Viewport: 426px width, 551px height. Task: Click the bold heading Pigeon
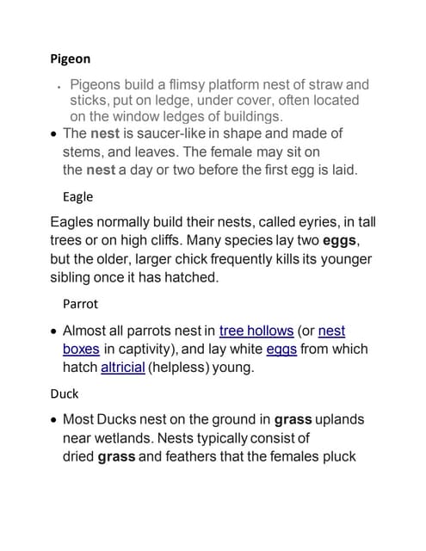coord(70,59)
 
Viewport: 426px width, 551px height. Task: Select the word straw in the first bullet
coord(324,84)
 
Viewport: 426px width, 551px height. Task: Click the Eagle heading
coord(77,196)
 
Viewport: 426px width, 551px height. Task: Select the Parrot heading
coord(80,304)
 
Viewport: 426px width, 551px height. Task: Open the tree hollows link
coord(255,331)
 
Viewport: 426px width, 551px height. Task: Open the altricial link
coord(122,367)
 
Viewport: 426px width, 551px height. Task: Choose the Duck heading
coord(65,393)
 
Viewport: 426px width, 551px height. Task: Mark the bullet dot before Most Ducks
coord(54,421)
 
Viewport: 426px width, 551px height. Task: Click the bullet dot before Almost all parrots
coord(54,331)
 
